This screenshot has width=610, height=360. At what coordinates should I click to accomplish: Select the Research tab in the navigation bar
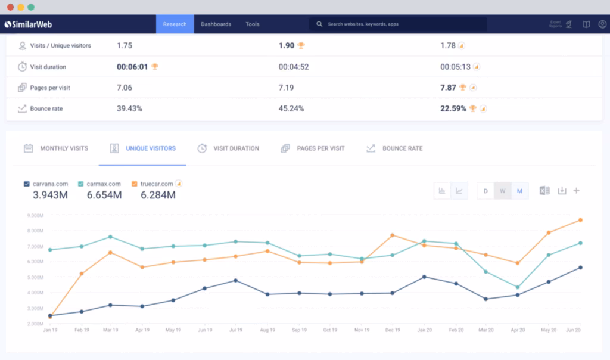pyautogui.click(x=175, y=24)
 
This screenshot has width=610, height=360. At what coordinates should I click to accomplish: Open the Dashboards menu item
pyautogui.click(x=216, y=24)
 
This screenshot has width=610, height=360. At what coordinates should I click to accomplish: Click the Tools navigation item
pyautogui.click(x=253, y=24)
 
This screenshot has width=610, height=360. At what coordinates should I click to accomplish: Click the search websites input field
pyautogui.click(x=399, y=24)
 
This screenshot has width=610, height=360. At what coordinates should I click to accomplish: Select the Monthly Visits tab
pyautogui.click(x=63, y=148)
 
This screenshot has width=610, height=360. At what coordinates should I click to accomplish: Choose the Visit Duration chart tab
pyautogui.click(x=235, y=148)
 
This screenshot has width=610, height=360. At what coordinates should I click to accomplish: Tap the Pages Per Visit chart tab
pyautogui.click(x=320, y=148)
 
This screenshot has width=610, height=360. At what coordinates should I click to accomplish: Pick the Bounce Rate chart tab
pyautogui.click(x=402, y=148)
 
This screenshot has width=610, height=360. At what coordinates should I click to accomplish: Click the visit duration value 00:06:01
pyautogui.click(x=132, y=67)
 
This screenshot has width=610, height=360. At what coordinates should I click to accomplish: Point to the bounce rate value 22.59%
pyautogui.click(x=453, y=108)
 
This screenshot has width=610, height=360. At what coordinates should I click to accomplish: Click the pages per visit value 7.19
pyautogui.click(x=287, y=88)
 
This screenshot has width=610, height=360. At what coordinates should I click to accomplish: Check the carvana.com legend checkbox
pyautogui.click(x=26, y=184)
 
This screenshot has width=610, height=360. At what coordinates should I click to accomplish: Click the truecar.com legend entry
pyautogui.click(x=157, y=184)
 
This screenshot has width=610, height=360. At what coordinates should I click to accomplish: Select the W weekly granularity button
pyautogui.click(x=502, y=191)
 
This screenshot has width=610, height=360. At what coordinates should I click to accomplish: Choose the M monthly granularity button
pyautogui.click(x=519, y=191)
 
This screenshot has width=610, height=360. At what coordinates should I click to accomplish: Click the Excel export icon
pyautogui.click(x=544, y=191)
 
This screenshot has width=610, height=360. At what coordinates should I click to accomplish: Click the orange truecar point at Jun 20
pyautogui.click(x=580, y=220)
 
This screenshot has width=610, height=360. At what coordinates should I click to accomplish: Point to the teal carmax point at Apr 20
pyautogui.click(x=518, y=287)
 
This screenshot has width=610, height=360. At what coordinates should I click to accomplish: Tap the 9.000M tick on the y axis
pyautogui.click(x=35, y=215)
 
